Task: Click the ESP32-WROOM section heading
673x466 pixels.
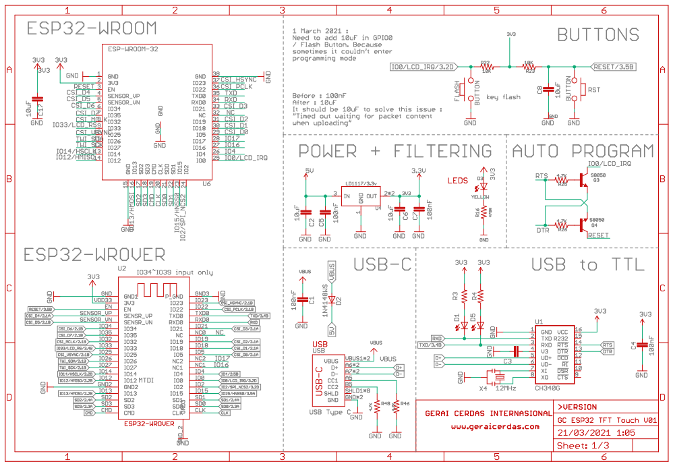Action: coord(92,29)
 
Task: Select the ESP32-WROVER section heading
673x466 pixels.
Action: coord(95,255)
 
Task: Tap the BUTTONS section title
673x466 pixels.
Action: coord(598,35)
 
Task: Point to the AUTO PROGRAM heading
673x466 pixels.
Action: coord(583,151)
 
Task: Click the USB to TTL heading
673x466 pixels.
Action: coord(587,265)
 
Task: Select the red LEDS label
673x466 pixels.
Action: coord(459,181)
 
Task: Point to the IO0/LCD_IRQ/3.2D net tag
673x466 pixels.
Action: coord(423,67)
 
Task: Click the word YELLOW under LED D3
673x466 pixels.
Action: coord(479,196)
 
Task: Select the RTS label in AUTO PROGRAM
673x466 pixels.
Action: coord(541,176)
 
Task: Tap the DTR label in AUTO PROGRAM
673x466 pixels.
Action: coord(541,231)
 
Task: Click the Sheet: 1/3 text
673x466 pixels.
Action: coord(583,446)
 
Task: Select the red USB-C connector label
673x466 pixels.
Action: coord(318,384)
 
